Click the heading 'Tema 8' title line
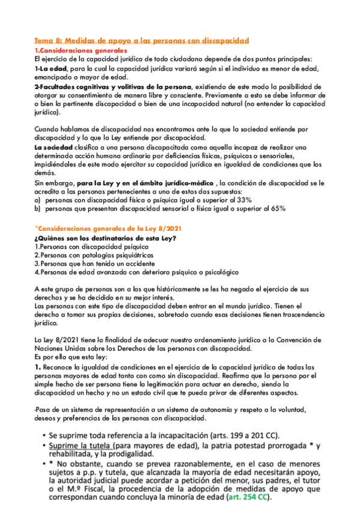(141, 40)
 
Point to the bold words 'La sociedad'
(52, 147)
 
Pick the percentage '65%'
(277, 208)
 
